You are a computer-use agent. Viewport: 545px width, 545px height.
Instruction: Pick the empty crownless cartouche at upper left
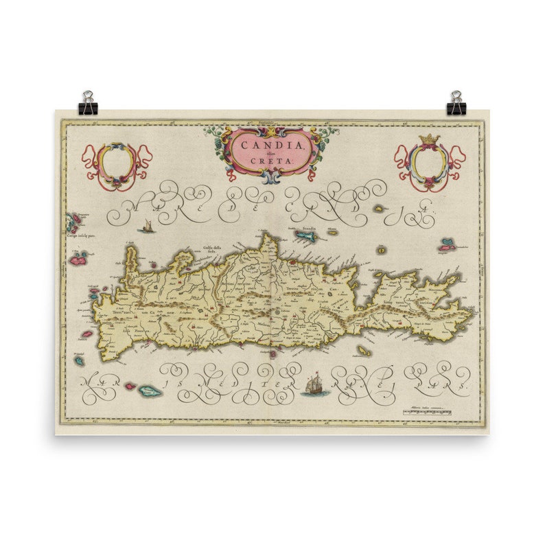click(115, 165)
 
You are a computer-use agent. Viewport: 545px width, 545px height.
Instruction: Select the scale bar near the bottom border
click(428, 413)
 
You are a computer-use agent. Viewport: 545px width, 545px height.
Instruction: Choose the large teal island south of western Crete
click(150, 392)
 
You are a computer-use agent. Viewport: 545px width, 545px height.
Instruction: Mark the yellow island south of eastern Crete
click(362, 351)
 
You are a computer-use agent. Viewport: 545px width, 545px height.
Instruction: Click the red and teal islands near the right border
click(449, 243)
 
